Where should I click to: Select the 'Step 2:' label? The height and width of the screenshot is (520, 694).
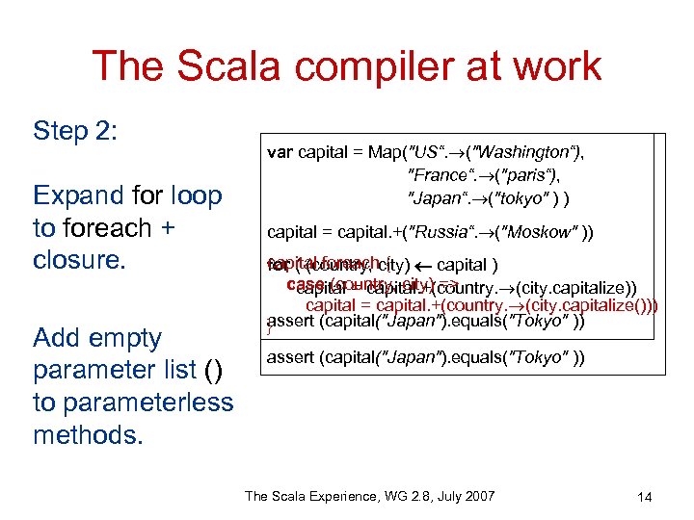75,131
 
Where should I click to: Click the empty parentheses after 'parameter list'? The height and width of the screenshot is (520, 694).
214,370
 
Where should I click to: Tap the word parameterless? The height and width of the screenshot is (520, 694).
132,402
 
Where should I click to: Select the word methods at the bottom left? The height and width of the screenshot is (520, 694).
88,434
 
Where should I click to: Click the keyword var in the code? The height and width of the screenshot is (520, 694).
280,152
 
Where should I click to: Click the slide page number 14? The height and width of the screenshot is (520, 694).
645,497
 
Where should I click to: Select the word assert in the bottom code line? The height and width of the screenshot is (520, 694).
293,359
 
